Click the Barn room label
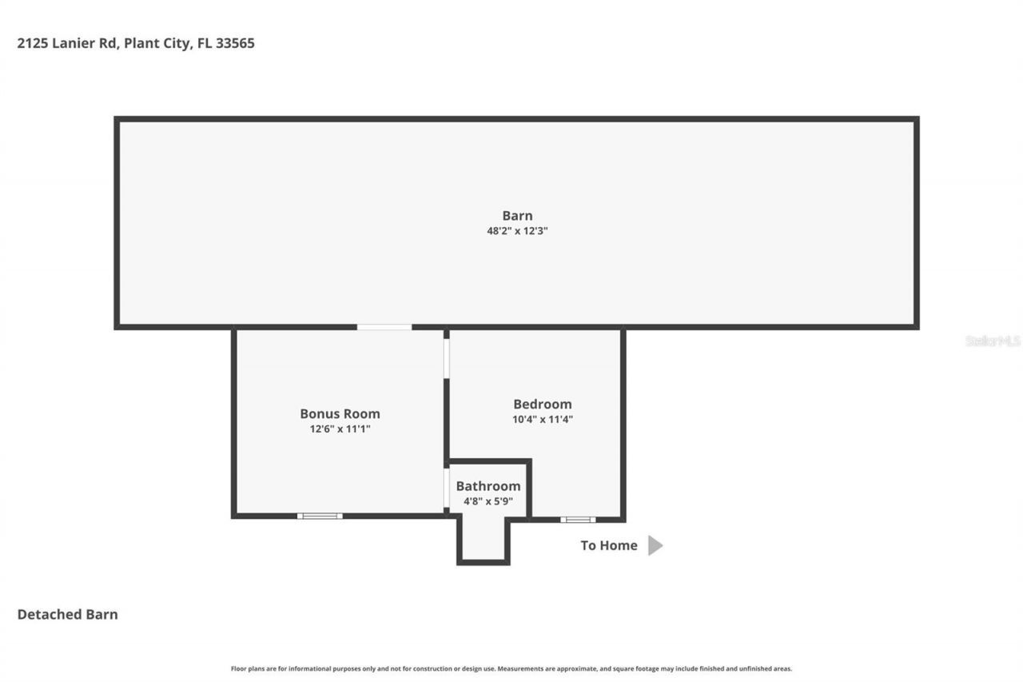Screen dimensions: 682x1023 tap(517, 215)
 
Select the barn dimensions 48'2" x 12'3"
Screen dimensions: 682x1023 tap(517, 231)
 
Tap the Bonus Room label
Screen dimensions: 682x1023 tap(340, 413)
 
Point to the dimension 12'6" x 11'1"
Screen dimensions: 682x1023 tap(340, 429)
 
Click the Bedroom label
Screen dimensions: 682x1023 tap(542, 404)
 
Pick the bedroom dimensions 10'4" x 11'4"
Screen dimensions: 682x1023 tap(542, 419)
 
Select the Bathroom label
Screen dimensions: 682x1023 tap(488, 486)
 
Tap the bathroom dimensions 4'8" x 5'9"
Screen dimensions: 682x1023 tap(488, 501)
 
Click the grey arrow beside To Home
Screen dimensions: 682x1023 tap(655, 545)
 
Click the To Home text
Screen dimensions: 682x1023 tap(608, 545)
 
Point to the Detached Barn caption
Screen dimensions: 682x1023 tap(67, 614)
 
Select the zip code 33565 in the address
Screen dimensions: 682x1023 tap(235, 43)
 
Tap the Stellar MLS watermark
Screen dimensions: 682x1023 tap(993, 341)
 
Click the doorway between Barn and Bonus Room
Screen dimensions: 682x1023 tap(384, 326)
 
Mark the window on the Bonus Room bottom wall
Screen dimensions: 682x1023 tap(320, 516)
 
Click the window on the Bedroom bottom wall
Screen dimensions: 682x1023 tap(577, 520)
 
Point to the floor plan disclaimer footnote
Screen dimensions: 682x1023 tap(511, 668)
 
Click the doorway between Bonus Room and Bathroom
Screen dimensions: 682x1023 tap(445, 488)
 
